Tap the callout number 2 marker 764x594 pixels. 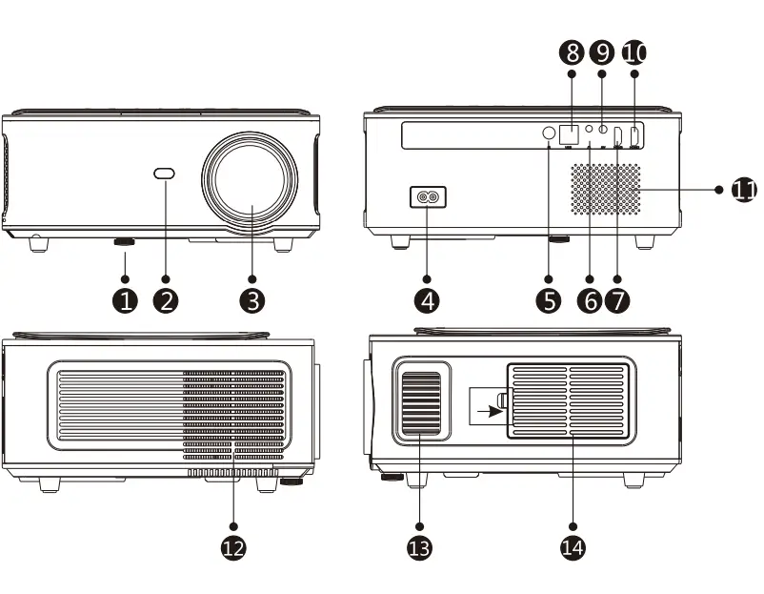[x=166, y=300]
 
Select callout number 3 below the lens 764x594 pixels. [x=251, y=300]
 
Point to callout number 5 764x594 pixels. [x=549, y=300]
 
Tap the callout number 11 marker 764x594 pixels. [x=744, y=190]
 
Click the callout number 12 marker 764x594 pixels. [x=233, y=546]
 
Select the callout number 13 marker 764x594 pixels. [x=419, y=546]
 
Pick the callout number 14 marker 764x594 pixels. [x=573, y=546]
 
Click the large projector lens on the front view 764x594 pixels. [x=251, y=184]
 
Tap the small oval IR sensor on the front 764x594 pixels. [x=165, y=174]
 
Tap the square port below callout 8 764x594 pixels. [x=570, y=135]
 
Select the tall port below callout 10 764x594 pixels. [x=635, y=135]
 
